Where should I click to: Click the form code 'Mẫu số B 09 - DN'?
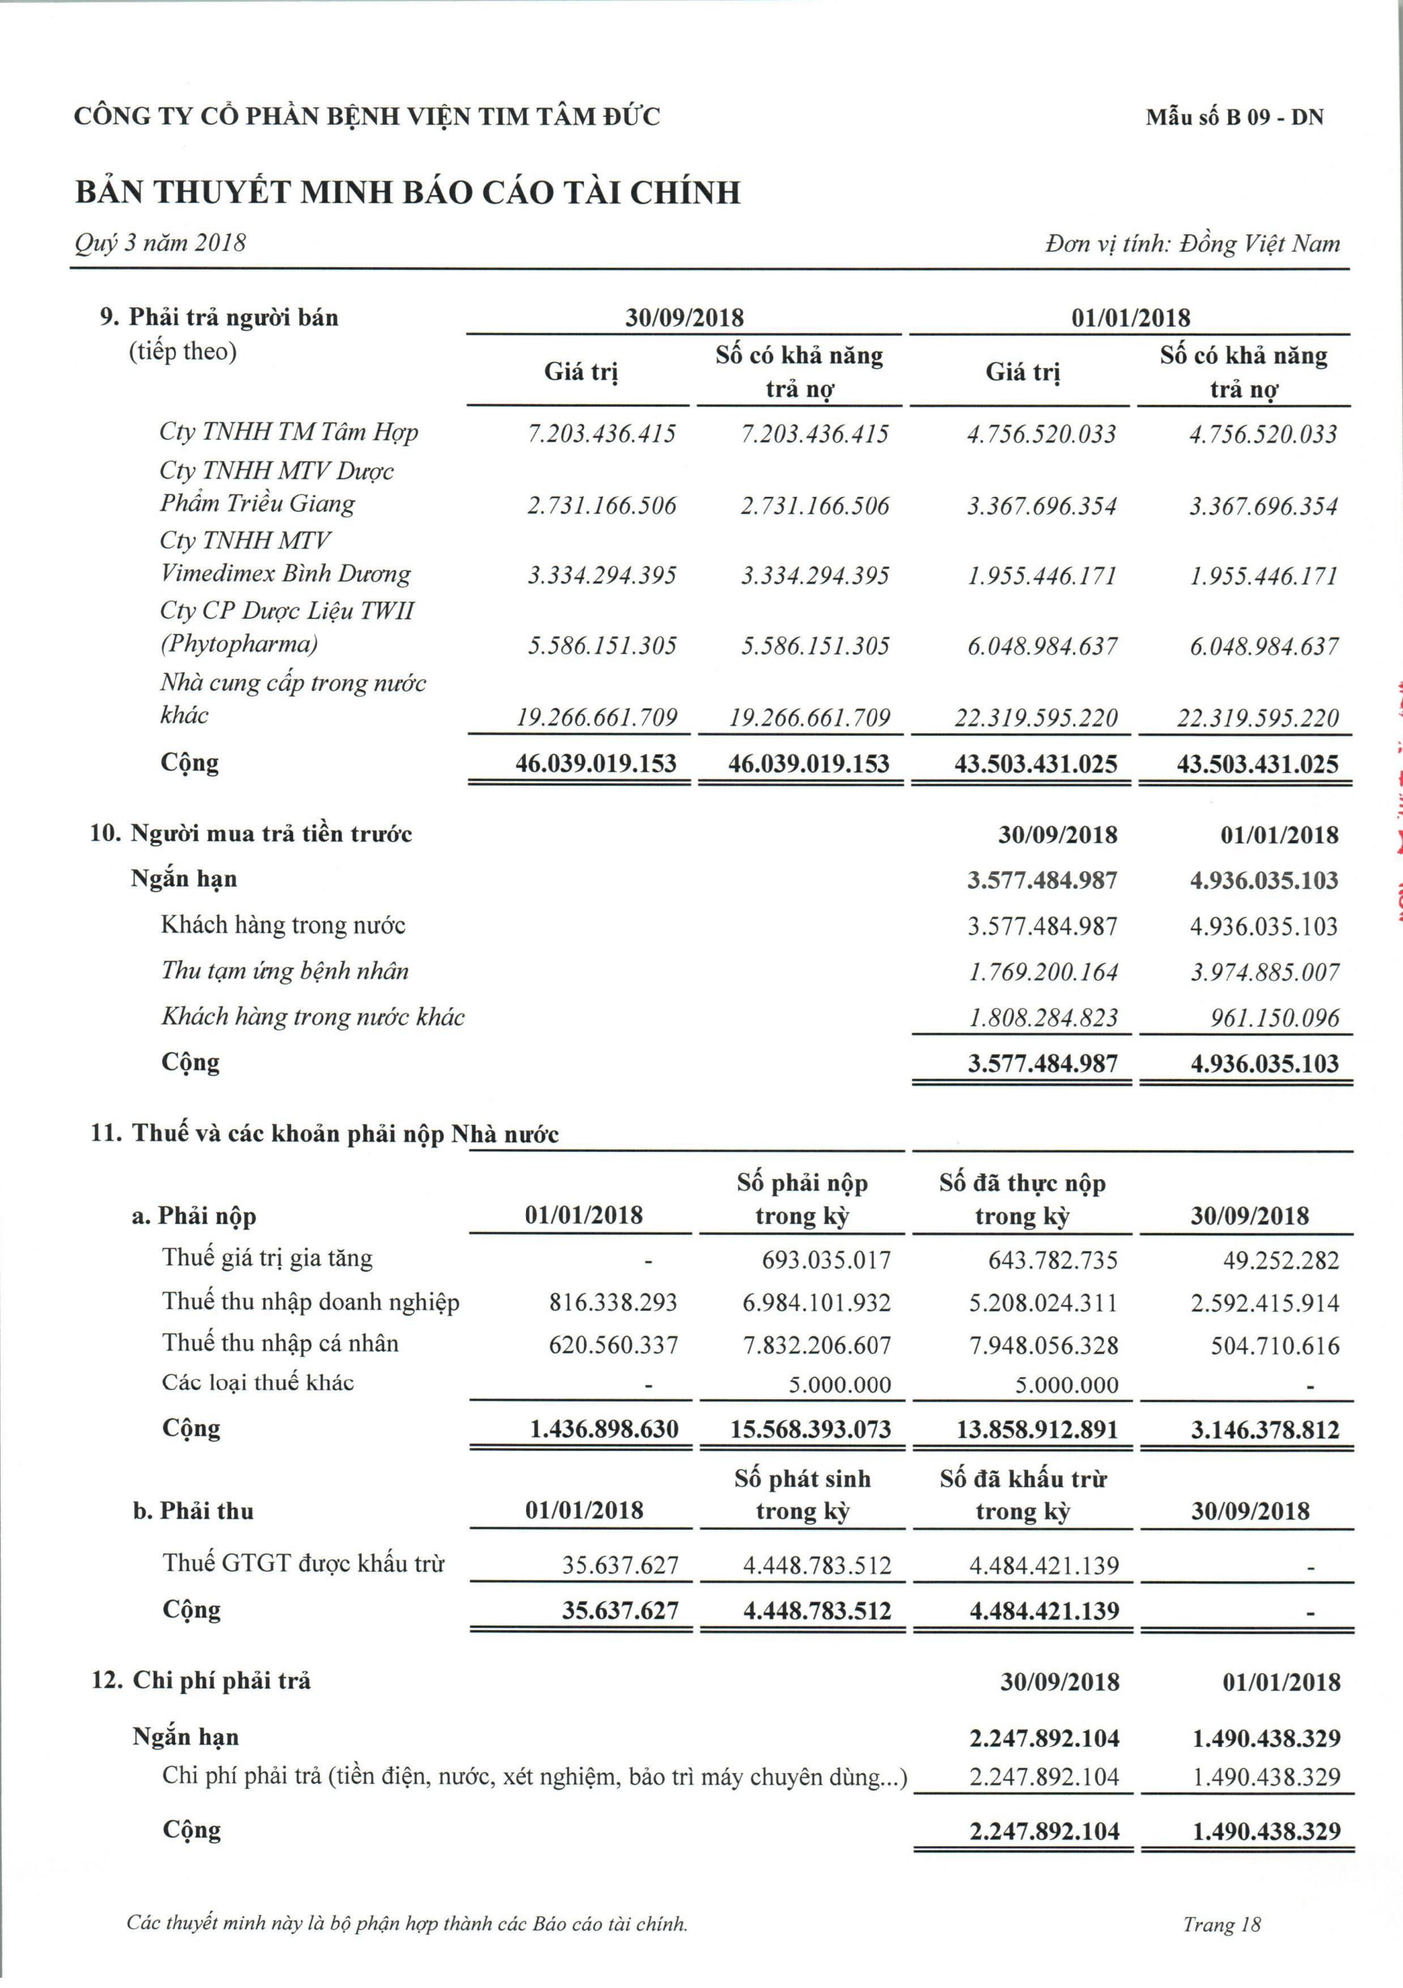(1235, 117)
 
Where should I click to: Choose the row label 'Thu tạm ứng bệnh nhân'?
(285, 970)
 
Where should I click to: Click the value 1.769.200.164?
(1043, 972)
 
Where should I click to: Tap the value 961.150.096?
(1274, 1018)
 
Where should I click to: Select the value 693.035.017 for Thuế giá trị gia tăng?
(826, 1260)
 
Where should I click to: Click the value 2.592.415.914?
(1265, 1303)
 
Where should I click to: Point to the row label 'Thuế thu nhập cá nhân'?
(281, 1343)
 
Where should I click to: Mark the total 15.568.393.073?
(810, 1429)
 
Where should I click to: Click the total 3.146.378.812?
(1265, 1429)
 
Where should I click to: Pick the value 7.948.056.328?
(1043, 1345)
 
